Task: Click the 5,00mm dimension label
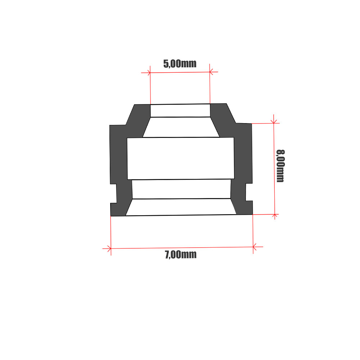click(x=180, y=64)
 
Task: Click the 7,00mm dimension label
click(x=181, y=255)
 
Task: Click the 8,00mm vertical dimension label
click(x=280, y=166)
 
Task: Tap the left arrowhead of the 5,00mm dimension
click(x=149, y=73)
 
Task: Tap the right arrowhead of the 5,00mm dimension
click(x=211, y=72)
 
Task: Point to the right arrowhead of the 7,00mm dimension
click(x=254, y=247)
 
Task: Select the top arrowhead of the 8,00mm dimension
click(x=274, y=122)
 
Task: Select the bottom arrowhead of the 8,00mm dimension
click(x=275, y=216)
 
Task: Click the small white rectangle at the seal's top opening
click(x=180, y=111)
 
